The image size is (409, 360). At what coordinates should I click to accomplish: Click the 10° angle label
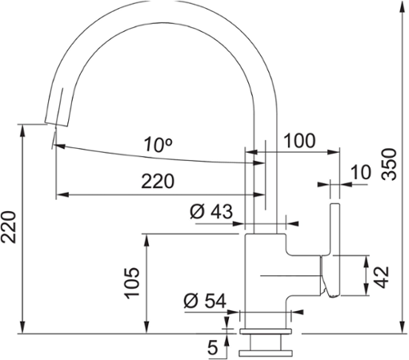click(158, 145)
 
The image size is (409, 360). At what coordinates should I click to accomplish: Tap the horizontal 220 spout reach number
click(158, 182)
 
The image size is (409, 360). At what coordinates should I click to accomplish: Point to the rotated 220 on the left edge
click(9, 227)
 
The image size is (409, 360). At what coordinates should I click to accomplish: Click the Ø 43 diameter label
click(211, 212)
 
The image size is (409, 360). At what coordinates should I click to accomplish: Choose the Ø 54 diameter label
click(205, 301)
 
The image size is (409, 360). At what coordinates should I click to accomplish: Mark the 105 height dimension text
click(132, 283)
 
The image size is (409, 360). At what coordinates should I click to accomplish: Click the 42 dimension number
click(381, 277)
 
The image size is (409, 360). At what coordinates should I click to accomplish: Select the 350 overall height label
click(389, 165)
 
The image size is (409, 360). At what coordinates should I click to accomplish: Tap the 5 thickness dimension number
click(213, 348)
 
